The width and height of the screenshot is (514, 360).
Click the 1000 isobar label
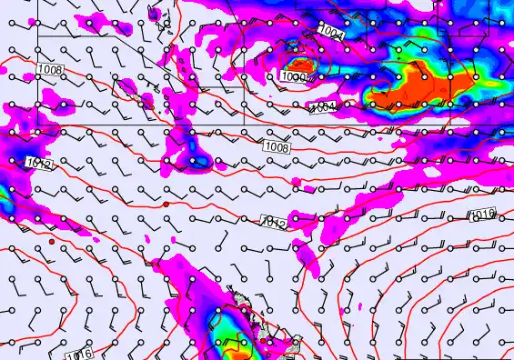pyautogui.click(x=293, y=78)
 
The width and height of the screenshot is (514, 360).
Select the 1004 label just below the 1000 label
pyautogui.click(x=322, y=107)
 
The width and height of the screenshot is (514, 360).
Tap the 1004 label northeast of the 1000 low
pyautogui.click(x=331, y=32)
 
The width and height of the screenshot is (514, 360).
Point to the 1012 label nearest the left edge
pyautogui.click(x=37, y=164)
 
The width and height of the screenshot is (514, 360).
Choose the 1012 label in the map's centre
pyautogui.click(x=274, y=223)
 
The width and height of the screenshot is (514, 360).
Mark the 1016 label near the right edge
pyautogui.click(x=483, y=215)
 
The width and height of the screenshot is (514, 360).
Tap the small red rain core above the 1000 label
pyautogui.click(x=299, y=64)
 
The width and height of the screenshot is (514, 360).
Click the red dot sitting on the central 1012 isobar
pyautogui.click(x=166, y=205)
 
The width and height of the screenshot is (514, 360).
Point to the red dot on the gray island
pyautogui.click(x=263, y=342)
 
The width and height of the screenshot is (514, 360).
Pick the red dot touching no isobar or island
pyautogui.click(x=53, y=241)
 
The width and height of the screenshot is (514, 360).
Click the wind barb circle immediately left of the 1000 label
pyautogui.click(x=271, y=79)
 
